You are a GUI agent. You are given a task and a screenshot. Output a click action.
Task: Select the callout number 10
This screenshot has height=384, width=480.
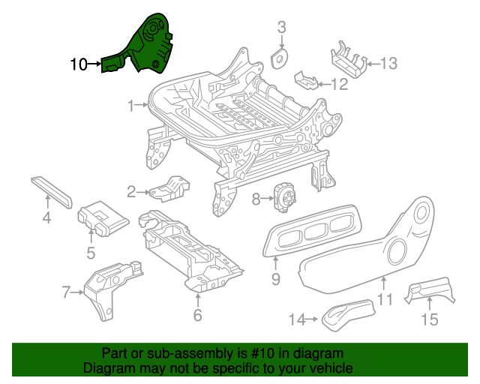tap(78, 64)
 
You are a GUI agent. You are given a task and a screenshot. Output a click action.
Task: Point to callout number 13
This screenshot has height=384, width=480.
tap(388, 64)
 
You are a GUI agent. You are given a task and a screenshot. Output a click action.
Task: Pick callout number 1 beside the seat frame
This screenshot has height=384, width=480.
tap(131, 106)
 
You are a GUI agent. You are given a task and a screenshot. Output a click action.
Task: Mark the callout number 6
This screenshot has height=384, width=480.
tap(197, 315)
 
